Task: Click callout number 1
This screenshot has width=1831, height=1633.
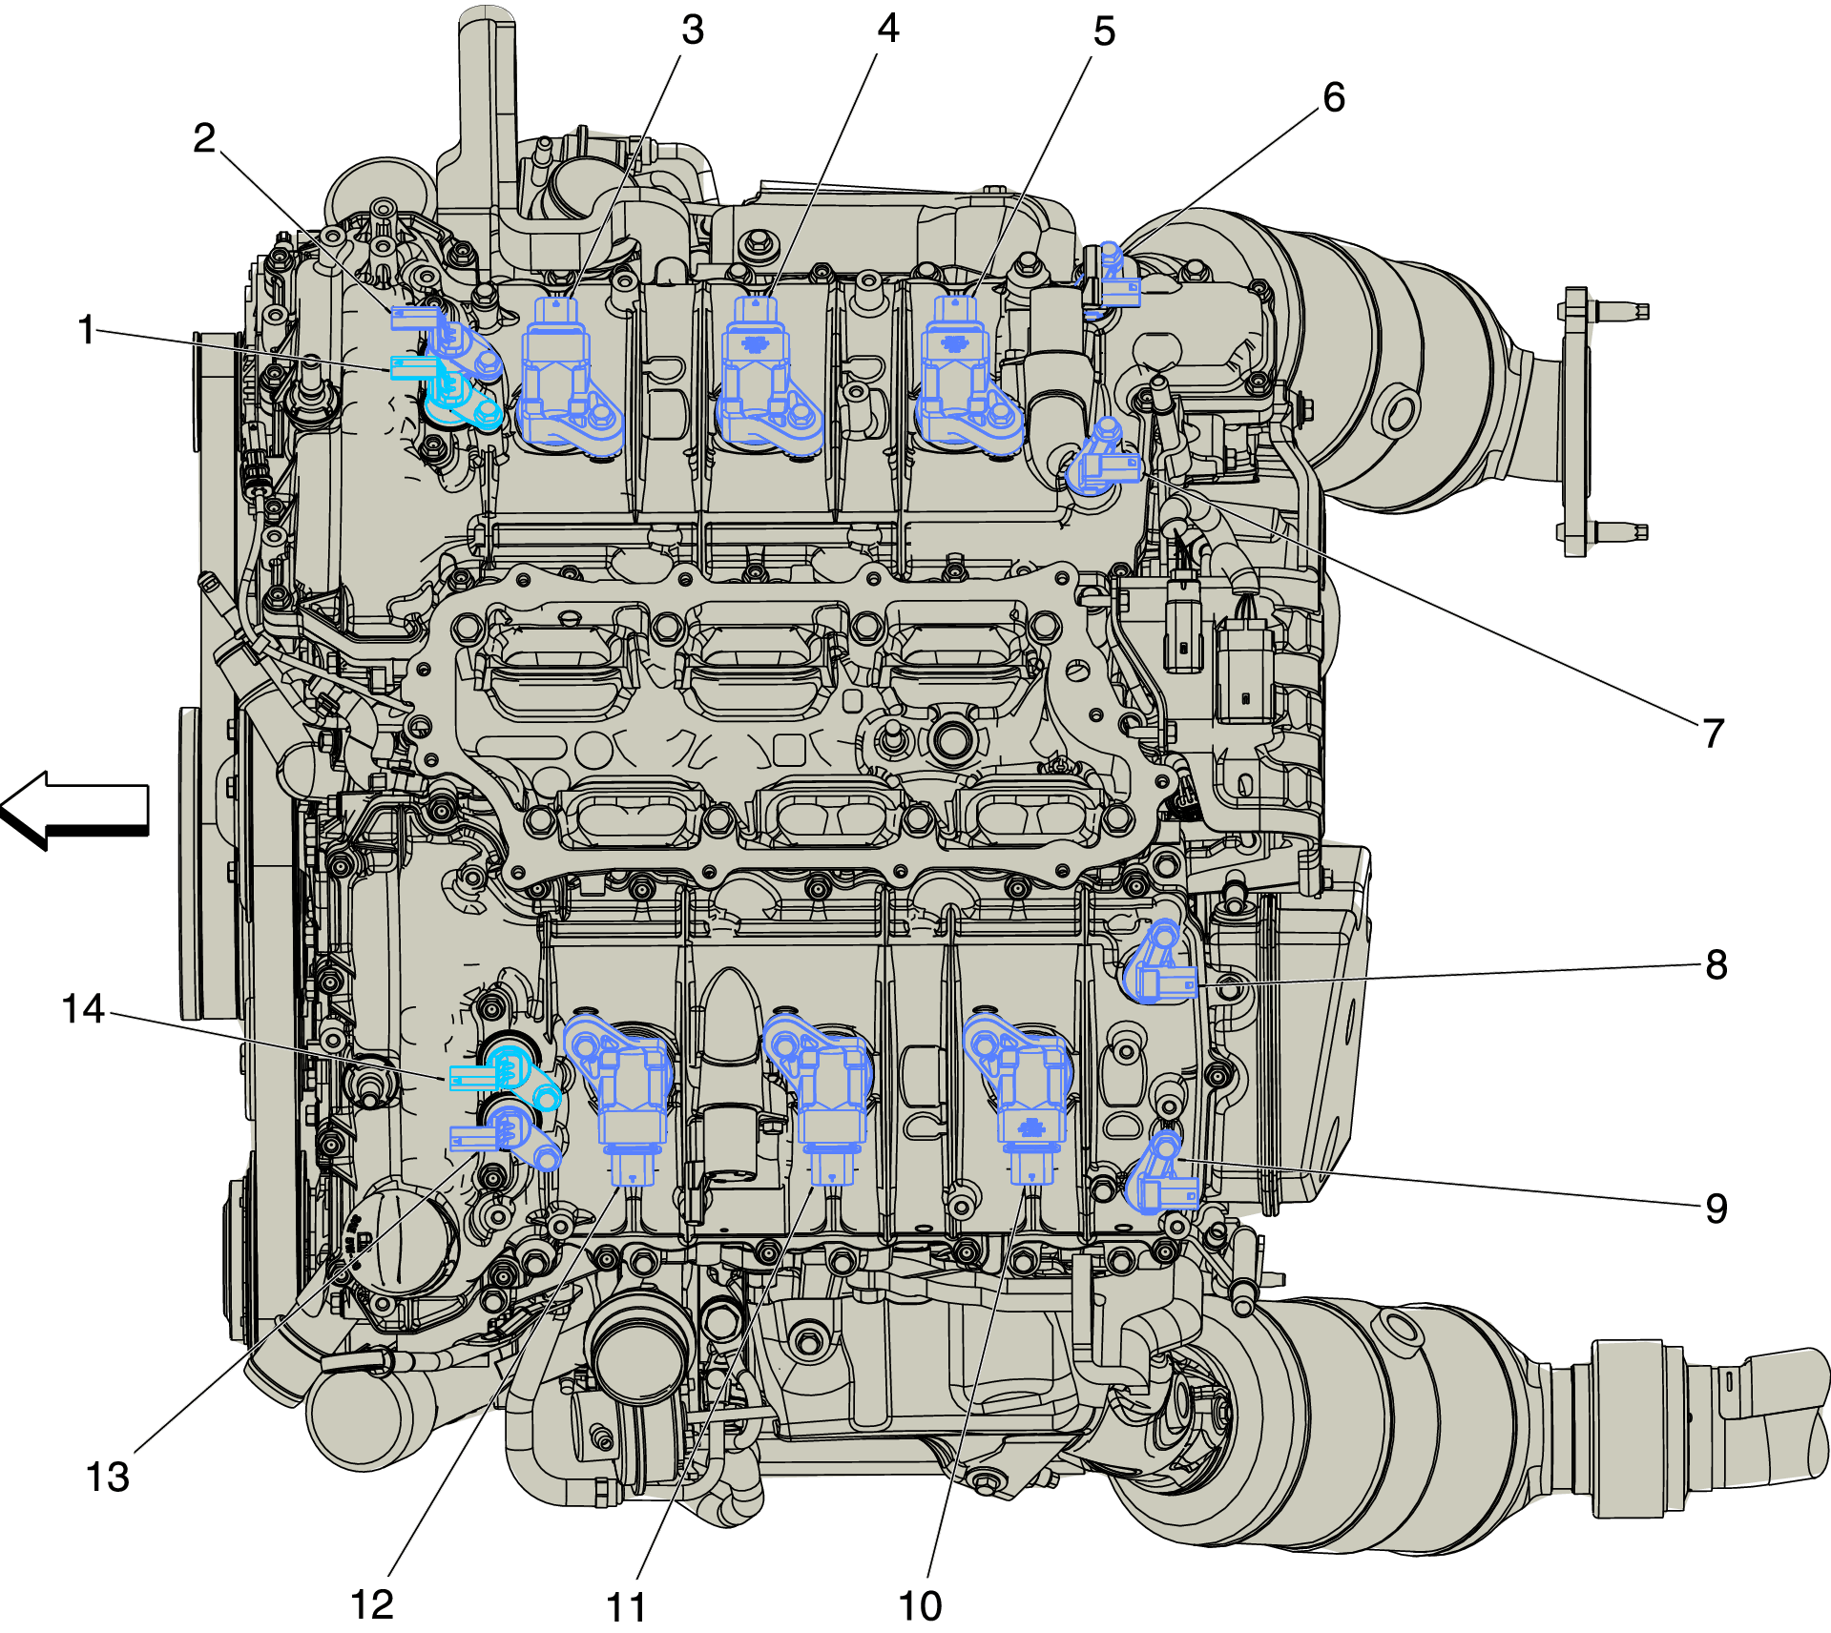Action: (x=86, y=330)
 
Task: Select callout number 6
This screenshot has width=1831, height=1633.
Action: (x=1333, y=97)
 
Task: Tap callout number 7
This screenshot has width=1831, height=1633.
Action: (x=1713, y=734)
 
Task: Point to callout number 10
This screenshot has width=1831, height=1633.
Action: (x=920, y=1606)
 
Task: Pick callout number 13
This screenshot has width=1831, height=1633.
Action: (x=107, y=1478)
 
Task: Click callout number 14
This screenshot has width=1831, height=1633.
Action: (x=82, y=1009)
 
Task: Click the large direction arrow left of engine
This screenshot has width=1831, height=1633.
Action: (x=76, y=809)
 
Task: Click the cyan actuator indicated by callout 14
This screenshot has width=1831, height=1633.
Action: (x=510, y=1076)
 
